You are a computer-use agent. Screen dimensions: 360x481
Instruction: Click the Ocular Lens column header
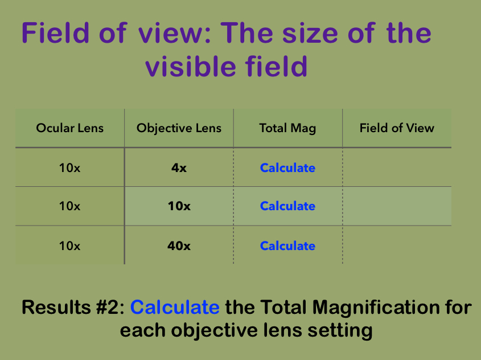(x=69, y=128)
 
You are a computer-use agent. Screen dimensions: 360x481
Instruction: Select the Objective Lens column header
(x=179, y=128)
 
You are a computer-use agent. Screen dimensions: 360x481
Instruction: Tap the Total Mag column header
(x=287, y=128)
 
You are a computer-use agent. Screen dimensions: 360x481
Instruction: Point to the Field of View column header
(x=397, y=128)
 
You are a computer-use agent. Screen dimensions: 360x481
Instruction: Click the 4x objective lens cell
(x=179, y=168)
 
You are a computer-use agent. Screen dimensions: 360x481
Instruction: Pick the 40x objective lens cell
(x=179, y=246)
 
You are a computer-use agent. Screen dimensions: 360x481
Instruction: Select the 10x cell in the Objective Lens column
(x=179, y=206)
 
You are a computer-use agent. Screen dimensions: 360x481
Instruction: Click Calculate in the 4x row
(x=287, y=168)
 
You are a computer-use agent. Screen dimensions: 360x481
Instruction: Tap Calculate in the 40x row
(x=287, y=246)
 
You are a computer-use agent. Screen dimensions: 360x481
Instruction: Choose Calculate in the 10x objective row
(x=287, y=206)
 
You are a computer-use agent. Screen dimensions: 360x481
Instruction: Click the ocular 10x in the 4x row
(x=69, y=168)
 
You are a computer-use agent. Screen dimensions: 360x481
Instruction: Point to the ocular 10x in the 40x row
(x=69, y=246)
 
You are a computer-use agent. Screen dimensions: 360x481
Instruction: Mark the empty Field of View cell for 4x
(x=397, y=168)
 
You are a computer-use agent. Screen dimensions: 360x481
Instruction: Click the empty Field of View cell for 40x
(x=397, y=246)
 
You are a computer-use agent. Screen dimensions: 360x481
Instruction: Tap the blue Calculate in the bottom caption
(x=175, y=308)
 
